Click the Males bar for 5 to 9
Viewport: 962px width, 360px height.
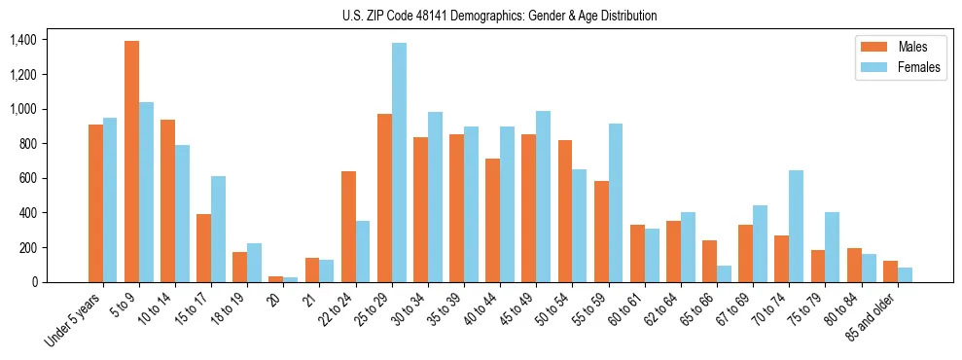click(x=131, y=162)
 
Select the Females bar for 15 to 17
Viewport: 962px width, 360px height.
click(x=218, y=229)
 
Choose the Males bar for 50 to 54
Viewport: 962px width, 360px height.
click(x=565, y=211)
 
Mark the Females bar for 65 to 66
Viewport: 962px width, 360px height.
click(x=724, y=273)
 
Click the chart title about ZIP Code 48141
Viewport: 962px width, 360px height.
click(x=499, y=16)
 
